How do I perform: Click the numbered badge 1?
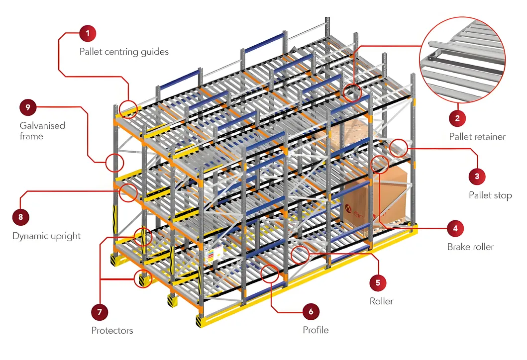88,34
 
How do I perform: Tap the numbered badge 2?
457,118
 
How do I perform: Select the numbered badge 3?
477,176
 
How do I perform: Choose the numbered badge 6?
311,312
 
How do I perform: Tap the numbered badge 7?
100,312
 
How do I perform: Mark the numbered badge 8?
20,217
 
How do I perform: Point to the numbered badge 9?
28,106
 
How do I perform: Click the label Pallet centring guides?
124,52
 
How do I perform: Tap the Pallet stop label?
490,195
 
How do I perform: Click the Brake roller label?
470,247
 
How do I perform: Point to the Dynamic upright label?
46,236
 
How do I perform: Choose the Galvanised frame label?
42,131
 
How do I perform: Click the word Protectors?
112,330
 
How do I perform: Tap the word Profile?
316,330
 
